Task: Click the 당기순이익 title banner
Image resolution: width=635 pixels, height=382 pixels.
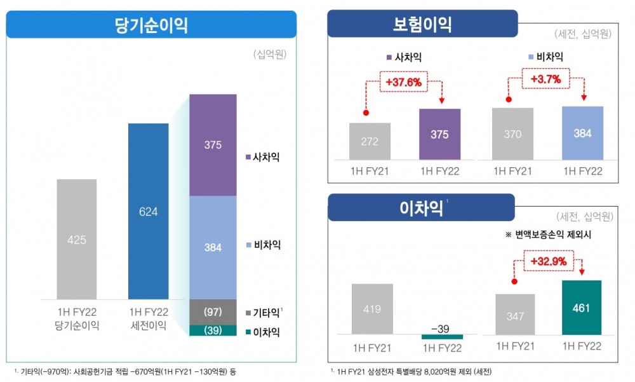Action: coord(151,25)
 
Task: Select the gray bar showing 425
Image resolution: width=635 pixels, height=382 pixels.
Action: coord(77,239)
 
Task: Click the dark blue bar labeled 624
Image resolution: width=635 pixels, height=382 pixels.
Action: coord(148,211)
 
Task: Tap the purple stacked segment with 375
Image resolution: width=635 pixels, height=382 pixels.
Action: coord(213,145)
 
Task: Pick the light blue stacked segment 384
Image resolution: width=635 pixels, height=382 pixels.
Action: coord(213,247)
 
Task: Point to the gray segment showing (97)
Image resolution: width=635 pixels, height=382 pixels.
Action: coord(213,312)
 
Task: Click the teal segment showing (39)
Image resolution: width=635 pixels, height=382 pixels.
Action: coord(213,331)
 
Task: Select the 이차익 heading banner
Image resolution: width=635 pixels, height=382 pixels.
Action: coord(421,207)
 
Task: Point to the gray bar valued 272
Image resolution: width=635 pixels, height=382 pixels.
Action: coord(370,142)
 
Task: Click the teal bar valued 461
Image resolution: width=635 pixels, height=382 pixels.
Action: coord(581,308)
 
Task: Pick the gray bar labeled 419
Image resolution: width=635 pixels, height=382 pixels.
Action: coord(372,309)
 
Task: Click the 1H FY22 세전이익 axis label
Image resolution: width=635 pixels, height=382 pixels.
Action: coord(148,318)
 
